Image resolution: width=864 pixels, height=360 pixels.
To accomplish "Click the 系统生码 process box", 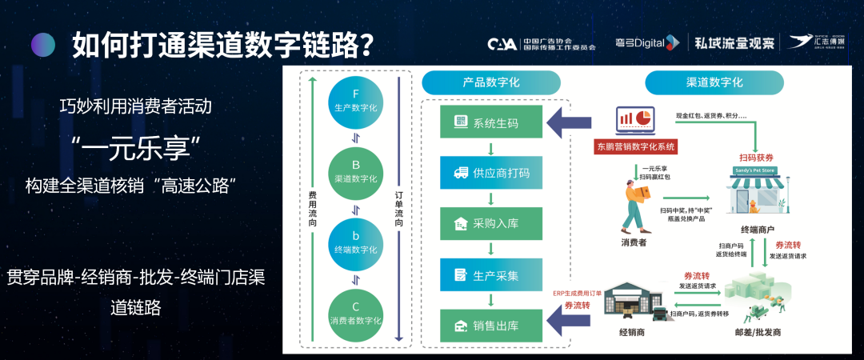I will [x=491, y=122].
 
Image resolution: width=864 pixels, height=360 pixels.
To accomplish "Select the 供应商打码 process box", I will [x=491, y=172].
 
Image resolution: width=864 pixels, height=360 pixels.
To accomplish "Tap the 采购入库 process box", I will [x=491, y=223].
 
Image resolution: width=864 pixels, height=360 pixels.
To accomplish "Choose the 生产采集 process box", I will [x=491, y=274].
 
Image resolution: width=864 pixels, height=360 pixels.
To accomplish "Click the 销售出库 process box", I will [x=491, y=326].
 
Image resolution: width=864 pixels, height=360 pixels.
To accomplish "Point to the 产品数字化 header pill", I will [x=491, y=82].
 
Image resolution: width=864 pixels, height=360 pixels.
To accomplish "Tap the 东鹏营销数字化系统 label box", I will [x=636, y=146].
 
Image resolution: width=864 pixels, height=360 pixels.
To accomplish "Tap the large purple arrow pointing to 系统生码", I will [x=570, y=123].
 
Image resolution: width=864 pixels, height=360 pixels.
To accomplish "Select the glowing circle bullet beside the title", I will [x=43, y=44].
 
